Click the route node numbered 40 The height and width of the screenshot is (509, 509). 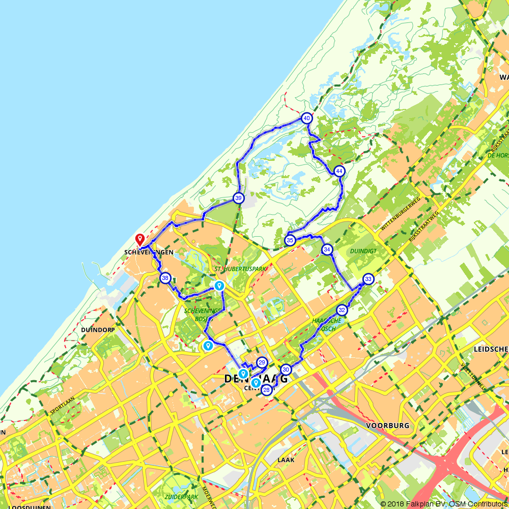point(306,118)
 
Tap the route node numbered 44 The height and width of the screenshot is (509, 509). point(340,172)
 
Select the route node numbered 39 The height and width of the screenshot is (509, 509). point(238,198)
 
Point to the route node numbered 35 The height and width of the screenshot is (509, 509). point(290,240)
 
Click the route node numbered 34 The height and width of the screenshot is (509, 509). point(327,249)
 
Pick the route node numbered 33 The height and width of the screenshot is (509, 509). point(369,279)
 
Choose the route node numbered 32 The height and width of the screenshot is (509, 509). point(342,309)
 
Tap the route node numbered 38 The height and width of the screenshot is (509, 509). point(165,278)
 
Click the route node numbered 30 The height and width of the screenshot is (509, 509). point(286,370)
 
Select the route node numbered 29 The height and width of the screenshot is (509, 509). point(262,362)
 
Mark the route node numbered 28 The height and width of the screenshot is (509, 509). point(266,390)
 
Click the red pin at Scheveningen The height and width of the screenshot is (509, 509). point(139,238)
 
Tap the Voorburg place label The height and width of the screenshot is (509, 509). point(388,426)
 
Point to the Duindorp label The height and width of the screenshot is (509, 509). point(98,330)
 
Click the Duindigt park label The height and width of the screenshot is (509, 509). point(363,251)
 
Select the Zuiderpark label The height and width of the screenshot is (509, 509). point(181,496)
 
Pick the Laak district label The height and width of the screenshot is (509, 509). point(286,460)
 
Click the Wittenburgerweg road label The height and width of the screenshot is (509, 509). point(399,214)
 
